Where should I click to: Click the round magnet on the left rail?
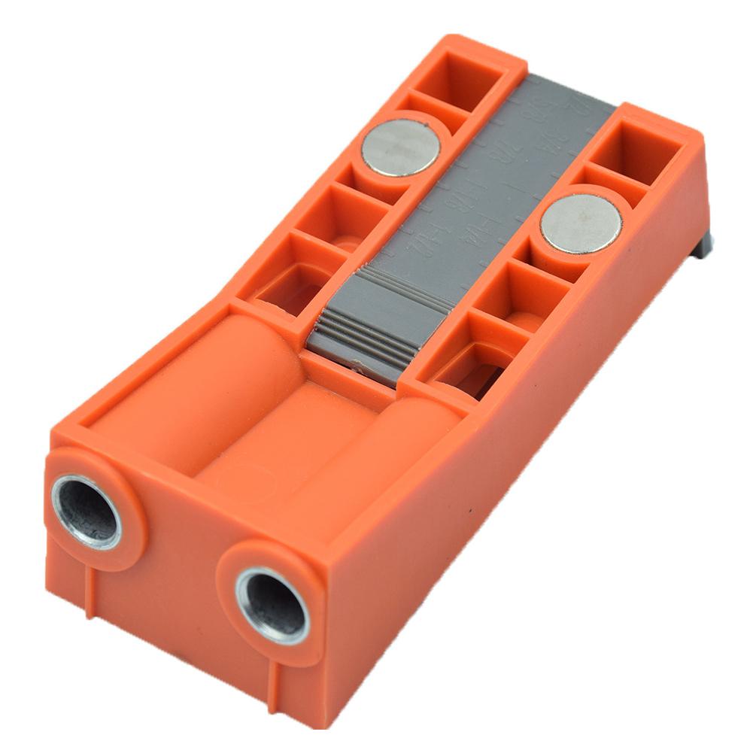point(399,147)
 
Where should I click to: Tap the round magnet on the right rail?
point(581,223)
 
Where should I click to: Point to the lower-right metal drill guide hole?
point(272,605)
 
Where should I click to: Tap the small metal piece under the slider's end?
point(360,367)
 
